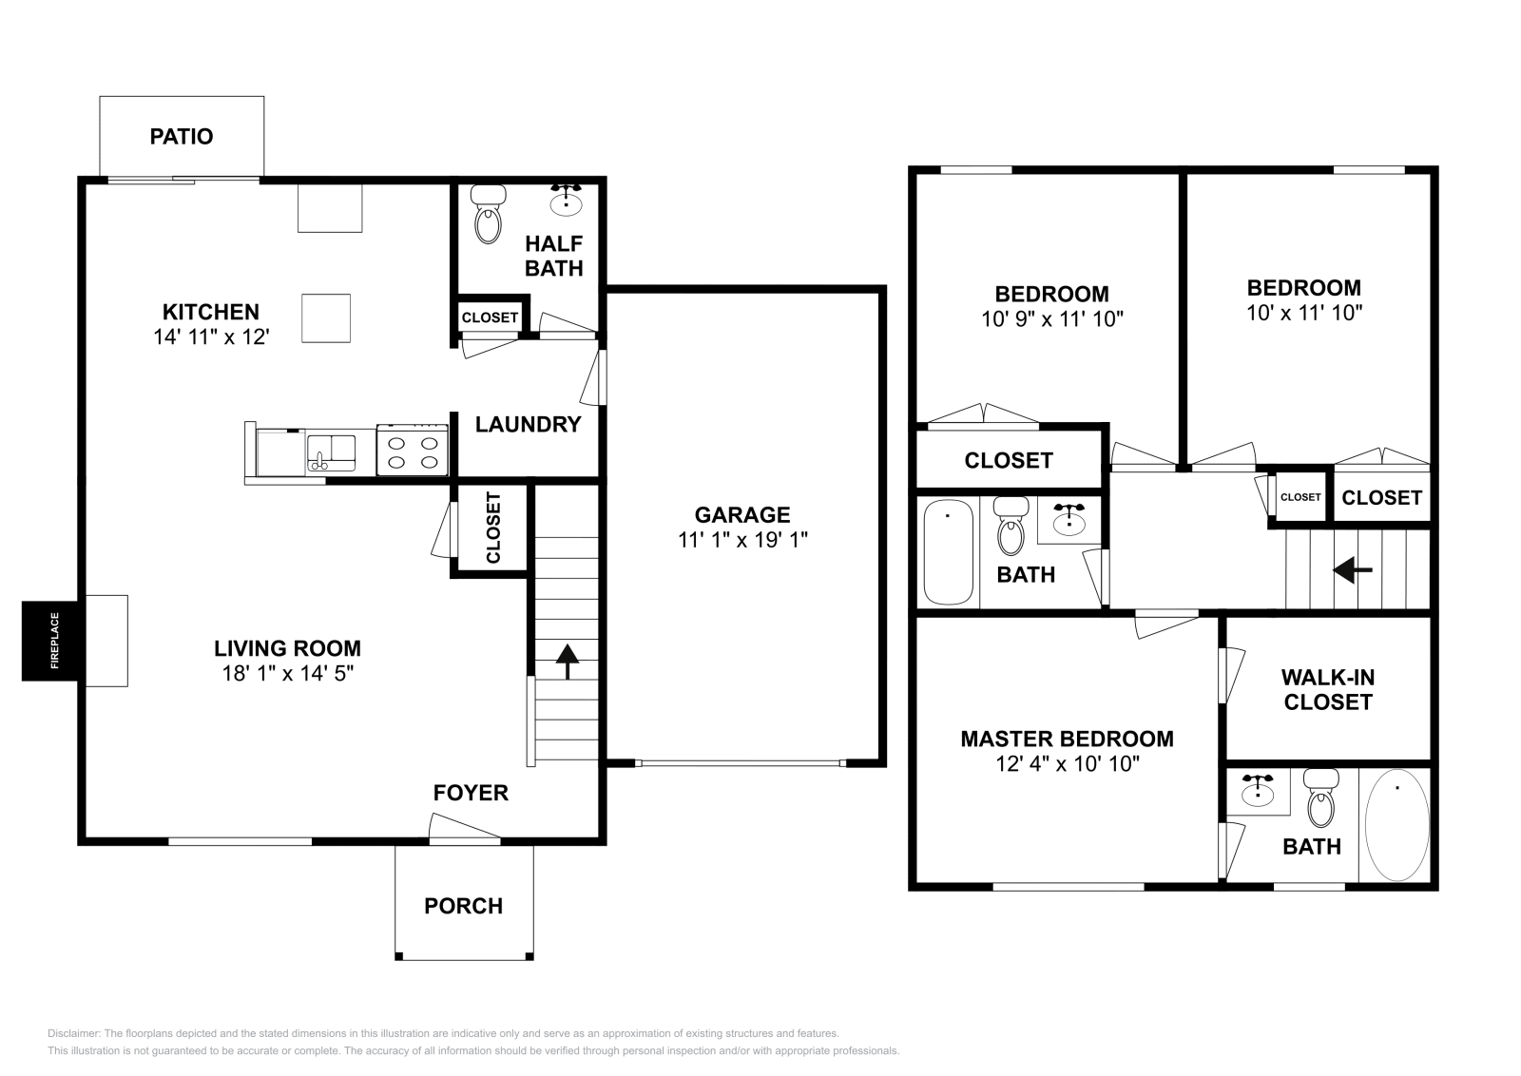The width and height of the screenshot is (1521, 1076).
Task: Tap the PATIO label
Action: [x=182, y=137]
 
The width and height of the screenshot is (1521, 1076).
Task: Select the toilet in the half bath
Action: [x=488, y=218]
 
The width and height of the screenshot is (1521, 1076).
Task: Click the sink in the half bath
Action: [x=567, y=201]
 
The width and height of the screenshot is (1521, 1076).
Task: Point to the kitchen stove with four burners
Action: [x=413, y=451]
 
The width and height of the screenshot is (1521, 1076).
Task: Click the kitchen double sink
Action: [x=330, y=452]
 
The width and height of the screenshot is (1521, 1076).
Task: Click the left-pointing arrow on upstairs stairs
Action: [x=1352, y=570]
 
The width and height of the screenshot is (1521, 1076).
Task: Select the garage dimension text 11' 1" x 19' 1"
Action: [x=742, y=540]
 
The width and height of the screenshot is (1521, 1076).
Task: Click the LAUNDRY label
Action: [x=528, y=425]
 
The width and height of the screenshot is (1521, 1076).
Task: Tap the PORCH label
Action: [x=464, y=906]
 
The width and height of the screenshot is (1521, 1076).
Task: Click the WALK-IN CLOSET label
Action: [x=1327, y=690]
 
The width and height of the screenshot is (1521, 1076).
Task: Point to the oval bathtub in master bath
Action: [x=1396, y=824]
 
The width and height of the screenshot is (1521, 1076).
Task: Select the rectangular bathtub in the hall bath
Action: [x=948, y=552]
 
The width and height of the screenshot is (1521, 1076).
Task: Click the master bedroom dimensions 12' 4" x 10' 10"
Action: [x=1067, y=763]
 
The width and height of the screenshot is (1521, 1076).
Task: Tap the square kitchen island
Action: [x=326, y=317]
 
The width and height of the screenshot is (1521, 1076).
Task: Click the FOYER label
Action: [x=471, y=793]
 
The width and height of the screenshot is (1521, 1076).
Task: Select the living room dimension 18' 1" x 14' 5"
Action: [x=286, y=673]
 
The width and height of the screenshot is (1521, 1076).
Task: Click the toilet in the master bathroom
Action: [x=1321, y=800]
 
